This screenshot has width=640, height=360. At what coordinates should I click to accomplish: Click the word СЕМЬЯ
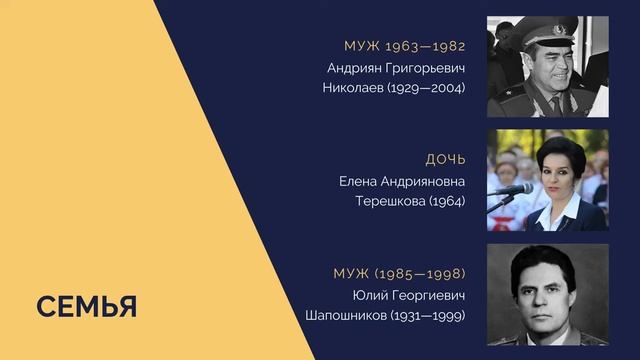click(87, 307)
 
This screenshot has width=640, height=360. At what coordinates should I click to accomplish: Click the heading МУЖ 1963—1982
click(404, 46)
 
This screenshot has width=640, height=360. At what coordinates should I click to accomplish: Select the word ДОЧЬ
click(445, 160)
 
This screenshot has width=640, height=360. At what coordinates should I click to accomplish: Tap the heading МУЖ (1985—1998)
click(399, 274)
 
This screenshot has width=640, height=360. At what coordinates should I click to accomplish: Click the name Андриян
click(356, 68)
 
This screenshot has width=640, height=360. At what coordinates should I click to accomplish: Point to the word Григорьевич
click(427, 68)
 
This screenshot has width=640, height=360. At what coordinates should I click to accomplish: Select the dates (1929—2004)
click(427, 88)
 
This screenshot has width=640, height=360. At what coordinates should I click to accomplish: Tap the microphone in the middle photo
click(512, 189)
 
